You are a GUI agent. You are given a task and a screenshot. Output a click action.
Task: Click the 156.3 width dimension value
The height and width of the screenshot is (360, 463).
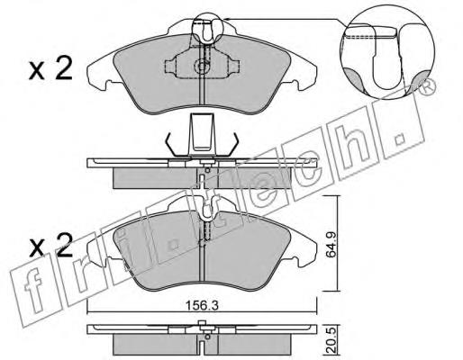click(x=202, y=306)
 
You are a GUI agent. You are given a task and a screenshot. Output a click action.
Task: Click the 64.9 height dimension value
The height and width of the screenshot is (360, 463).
click(x=331, y=244)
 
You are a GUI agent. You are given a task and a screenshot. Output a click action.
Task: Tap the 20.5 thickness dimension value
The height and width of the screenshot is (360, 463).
click(x=331, y=342)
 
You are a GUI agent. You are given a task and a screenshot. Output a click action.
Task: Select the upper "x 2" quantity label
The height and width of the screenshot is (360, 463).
click(x=50, y=69)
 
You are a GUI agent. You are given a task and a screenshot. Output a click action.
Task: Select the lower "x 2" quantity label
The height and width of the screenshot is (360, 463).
click(x=51, y=246)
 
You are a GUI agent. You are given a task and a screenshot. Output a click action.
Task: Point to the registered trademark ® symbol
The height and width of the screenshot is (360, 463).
click(x=428, y=86)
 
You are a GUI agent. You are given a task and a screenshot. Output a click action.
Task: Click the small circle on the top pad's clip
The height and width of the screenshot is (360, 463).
click(x=201, y=66)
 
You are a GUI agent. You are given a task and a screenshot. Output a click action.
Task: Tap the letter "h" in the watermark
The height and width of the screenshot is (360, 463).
click(x=353, y=141)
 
